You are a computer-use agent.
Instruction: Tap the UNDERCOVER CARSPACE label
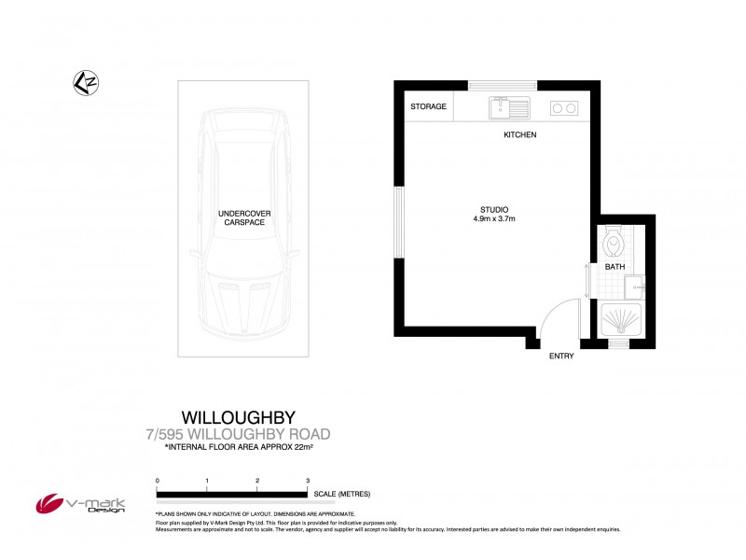(x=242, y=218)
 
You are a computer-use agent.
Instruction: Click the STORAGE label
(x=428, y=106)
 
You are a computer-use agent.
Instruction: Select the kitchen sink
(x=508, y=107)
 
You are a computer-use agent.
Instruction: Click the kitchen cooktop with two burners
(x=563, y=107)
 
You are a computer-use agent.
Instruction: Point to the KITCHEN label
(x=519, y=135)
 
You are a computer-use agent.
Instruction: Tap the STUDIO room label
(x=493, y=209)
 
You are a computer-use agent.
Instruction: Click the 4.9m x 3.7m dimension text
(x=493, y=219)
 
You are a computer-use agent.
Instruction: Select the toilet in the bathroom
(x=613, y=242)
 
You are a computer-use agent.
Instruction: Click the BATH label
(x=615, y=267)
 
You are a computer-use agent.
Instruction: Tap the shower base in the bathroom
(x=619, y=320)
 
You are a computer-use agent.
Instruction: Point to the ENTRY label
(x=561, y=356)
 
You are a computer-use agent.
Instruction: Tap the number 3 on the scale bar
(x=307, y=480)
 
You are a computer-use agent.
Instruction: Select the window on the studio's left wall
(x=398, y=222)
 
